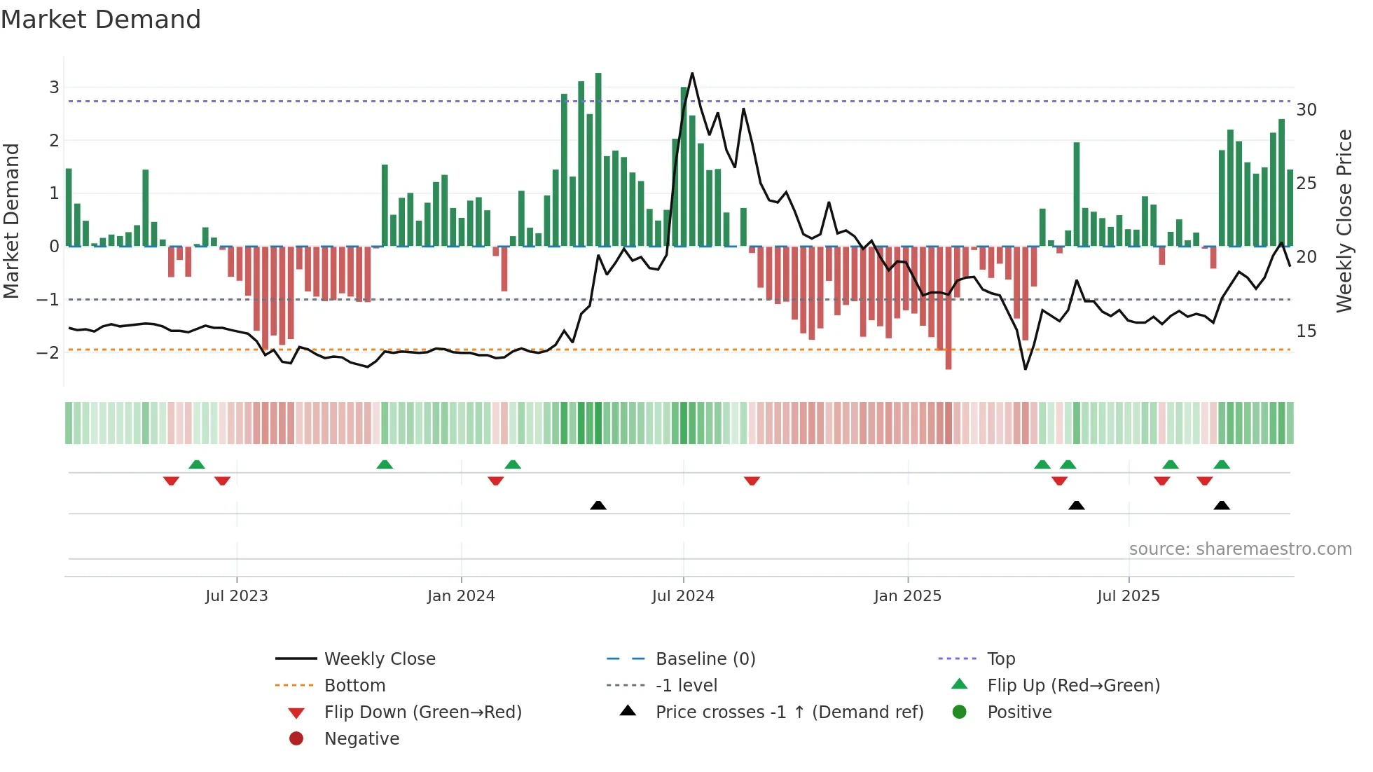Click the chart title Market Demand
tap(101, 20)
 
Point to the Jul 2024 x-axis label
tap(683, 596)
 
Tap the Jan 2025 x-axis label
tap(908, 596)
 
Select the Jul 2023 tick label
tap(237, 596)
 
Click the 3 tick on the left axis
tap(54, 88)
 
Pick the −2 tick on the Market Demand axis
tap(48, 352)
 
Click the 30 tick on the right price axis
tap(1306, 110)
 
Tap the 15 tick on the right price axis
tap(1306, 331)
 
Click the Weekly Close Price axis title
tap(1344, 221)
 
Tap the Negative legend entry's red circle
tap(296, 739)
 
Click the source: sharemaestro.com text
tap(1240, 549)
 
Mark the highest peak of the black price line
tap(692, 74)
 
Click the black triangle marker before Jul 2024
tap(598, 505)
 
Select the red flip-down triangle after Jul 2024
tap(752, 481)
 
